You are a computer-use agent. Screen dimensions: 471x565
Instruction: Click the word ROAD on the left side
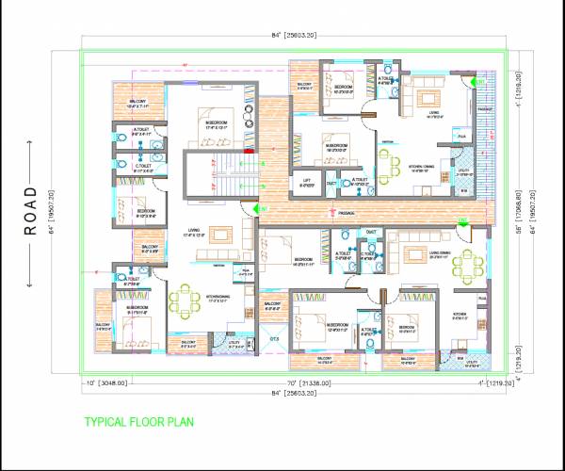pos(29,215)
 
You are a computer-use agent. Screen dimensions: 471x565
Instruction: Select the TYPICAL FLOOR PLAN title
pos(138,421)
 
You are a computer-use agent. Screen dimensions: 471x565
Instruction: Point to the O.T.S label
pos(274,339)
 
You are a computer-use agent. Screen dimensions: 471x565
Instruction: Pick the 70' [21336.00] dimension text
pos(306,383)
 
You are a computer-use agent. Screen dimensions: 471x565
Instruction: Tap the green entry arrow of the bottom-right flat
pos(463,221)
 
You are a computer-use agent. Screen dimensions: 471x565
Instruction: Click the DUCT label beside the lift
pos(331,184)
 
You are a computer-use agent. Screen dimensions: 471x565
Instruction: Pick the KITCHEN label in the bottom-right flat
pos(460,314)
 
